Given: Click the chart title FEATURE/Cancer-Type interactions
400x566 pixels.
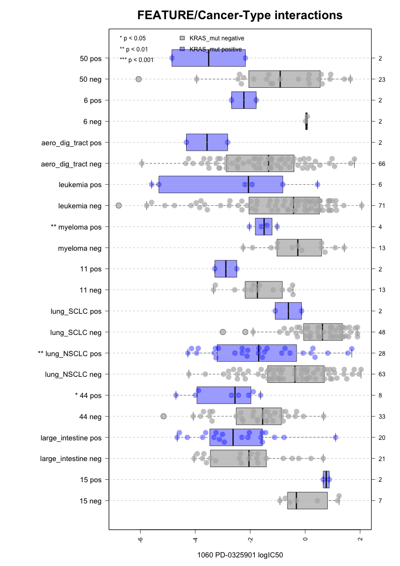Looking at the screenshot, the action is pos(240,15).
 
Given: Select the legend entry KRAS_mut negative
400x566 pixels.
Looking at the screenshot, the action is pos(212,38).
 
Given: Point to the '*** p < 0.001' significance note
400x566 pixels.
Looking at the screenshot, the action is pos(137,60).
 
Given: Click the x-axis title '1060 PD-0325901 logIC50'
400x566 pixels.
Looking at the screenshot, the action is pos(240,555).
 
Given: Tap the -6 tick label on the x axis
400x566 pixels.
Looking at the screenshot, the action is pos(140,540).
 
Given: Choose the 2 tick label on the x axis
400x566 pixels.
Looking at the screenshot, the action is pos(360,539).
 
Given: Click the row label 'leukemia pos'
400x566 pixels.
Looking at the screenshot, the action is pos(80,185).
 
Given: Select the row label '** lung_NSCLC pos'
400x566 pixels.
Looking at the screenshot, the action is pos(70,354).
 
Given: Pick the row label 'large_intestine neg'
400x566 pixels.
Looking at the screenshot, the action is pos(71,459).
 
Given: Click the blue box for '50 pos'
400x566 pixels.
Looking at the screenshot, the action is pos(209,58).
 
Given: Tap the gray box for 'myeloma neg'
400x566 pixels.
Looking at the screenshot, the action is pos(299,248).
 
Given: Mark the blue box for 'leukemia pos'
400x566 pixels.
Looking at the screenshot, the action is pos(221,185).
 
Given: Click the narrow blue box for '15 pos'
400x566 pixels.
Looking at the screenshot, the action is pos(326,480).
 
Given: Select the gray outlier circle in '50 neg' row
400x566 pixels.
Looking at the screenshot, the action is pos(139,79).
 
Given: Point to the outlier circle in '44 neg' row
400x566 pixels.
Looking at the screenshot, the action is pos(163,416).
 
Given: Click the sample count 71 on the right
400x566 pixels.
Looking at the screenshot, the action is pos(382,206).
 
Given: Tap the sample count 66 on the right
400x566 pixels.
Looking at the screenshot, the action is pos(382,164).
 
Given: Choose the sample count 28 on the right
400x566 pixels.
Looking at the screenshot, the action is pos(382,354).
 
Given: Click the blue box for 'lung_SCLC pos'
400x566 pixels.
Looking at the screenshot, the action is pos(289,311).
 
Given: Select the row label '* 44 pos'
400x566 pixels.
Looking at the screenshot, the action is pos(88,395).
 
